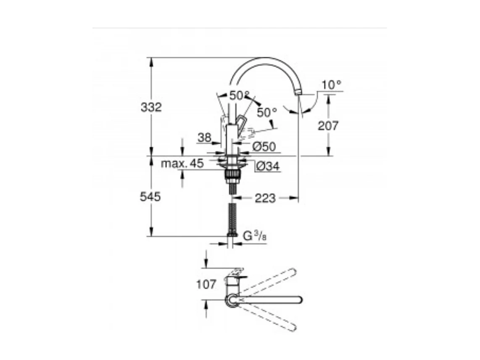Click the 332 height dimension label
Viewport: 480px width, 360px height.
click(151, 107)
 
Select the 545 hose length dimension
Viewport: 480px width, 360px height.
click(150, 197)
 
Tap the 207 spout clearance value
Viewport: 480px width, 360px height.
click(328, 125)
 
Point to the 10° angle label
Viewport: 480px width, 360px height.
click(332, 85)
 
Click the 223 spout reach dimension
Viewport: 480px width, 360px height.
click(265, 198)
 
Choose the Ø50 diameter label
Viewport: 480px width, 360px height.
click(264, 147)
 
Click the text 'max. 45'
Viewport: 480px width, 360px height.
click(182, 164)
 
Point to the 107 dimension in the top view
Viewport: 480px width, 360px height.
click(206, 284)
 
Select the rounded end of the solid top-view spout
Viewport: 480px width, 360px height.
click(298, 299)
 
